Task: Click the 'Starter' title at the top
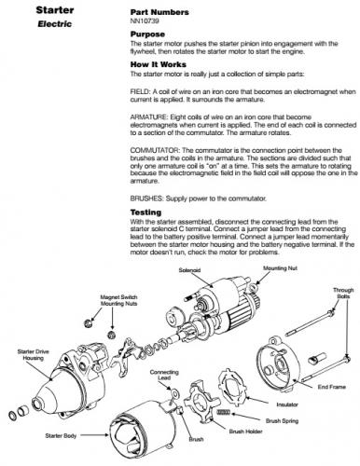click(55, 10)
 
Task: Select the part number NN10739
click(145, 21)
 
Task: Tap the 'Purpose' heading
click(147, 34)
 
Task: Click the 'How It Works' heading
click(159, 64)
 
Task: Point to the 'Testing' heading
click(145, 212)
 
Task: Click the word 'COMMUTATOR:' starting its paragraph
click(155, 150)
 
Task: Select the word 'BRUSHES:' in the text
click(146, 199)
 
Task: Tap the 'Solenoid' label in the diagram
click(189, 270)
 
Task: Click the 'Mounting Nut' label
click(280, 268)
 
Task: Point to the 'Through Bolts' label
click(343, 293)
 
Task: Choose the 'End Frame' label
click(331, 387)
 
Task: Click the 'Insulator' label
click(287, 404)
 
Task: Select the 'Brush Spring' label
click(282, 421)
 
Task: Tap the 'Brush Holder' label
click(245, 432)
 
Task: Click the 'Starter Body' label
click(61, 435)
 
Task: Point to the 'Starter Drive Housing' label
click(33, 355)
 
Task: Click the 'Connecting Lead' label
click(164, 375)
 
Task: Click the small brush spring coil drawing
click(223, 412)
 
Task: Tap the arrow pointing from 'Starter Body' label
click(94, 435)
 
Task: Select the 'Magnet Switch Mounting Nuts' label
click(118, 300)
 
